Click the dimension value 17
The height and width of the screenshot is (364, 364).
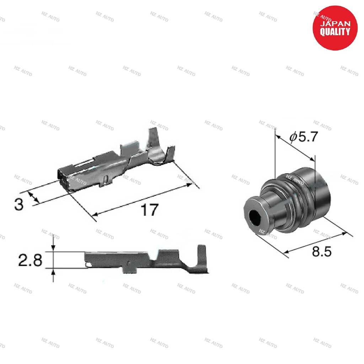pyautogui.click(x=150, y=210)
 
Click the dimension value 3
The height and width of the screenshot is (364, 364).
pyautogui.click(x=19, y=204)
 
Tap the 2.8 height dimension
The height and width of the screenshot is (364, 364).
pyautogui.click(x=30, y=260)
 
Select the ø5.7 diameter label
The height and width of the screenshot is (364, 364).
pyautogui.click(x=304, y=136)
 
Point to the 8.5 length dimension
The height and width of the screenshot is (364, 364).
pyautogui.click(x=321, y=251)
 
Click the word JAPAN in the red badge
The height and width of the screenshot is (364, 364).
pyautogui.click(x=335, y=24)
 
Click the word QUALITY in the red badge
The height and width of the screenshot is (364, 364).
pyautogui.click(x=335, y=32)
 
